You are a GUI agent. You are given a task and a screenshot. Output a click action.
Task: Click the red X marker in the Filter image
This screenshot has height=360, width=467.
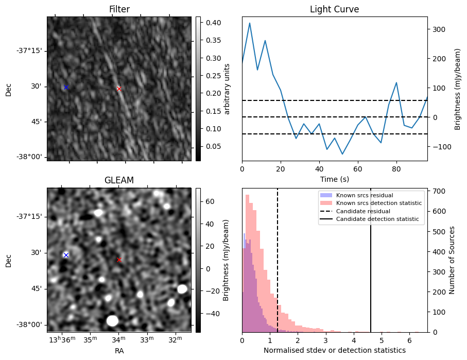click(119, 89)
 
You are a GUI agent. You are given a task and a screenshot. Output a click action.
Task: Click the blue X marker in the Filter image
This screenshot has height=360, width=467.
click(66, 88)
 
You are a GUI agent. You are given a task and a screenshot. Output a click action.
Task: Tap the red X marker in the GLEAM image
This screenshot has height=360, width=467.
click(119, 260)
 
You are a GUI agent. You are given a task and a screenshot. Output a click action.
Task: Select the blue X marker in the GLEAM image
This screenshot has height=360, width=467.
click(66, 255)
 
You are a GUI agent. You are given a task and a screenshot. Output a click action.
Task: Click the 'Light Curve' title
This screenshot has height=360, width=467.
click(334, 9)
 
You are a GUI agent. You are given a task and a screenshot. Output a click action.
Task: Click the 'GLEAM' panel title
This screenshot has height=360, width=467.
click(119, 180)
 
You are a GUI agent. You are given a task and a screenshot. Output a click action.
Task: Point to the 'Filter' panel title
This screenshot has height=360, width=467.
click(119, 9)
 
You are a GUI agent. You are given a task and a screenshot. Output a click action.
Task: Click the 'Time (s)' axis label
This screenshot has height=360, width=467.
click(334, 178)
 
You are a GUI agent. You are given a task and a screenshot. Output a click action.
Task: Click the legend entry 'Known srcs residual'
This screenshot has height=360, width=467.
click(360, 195)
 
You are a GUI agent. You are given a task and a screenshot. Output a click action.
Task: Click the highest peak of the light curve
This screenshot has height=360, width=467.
click(250, 23)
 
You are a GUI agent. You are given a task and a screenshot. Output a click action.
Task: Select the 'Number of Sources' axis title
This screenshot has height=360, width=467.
click(452, 260)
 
